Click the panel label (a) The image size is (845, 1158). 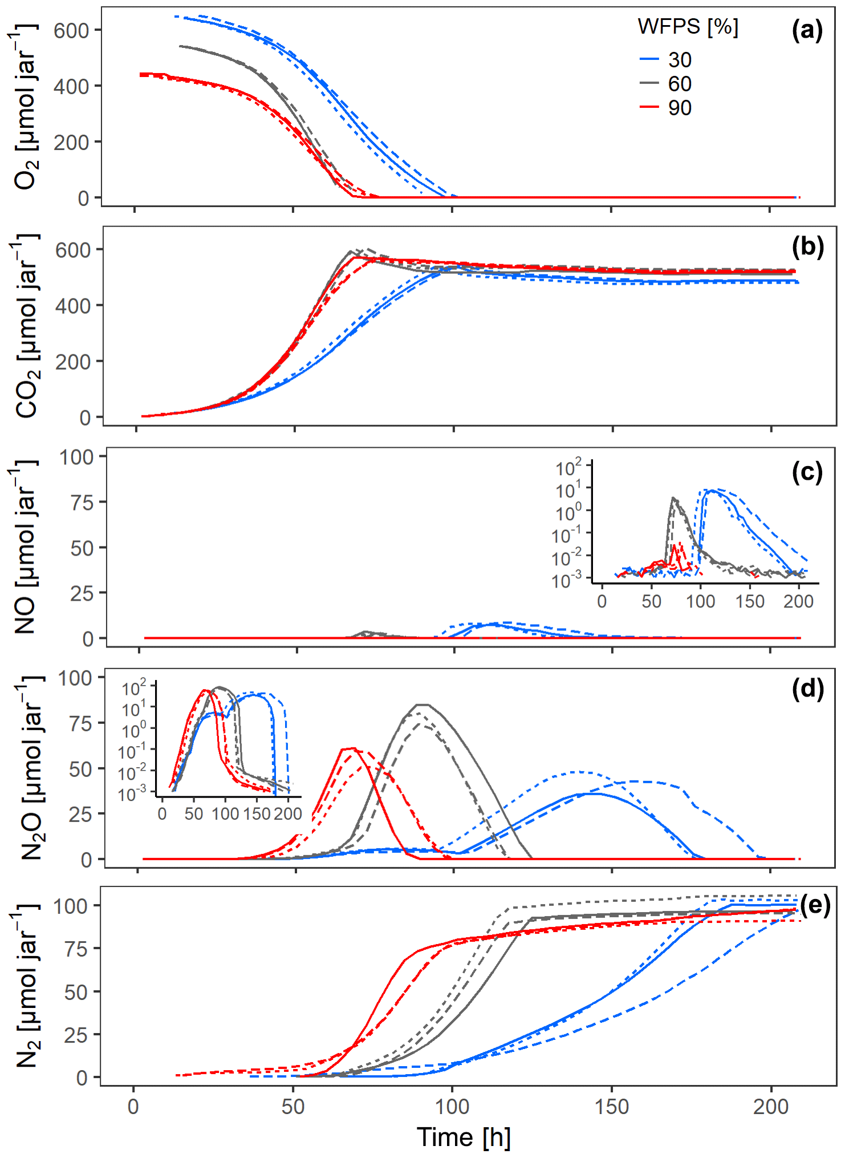807,31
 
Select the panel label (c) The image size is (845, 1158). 807,472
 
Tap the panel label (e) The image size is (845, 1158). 815,905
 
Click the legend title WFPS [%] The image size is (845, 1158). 688,27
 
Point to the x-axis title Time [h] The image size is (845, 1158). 464,1137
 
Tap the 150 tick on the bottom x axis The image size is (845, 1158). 612,1107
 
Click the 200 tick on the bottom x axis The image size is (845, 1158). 771,1107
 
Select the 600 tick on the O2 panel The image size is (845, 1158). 71,30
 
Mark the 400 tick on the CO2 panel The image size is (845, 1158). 72,306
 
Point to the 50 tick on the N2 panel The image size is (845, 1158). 75,993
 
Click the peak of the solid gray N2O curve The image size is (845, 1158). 424,704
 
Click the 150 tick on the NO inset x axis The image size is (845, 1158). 749,601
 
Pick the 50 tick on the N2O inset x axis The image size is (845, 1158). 193,813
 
